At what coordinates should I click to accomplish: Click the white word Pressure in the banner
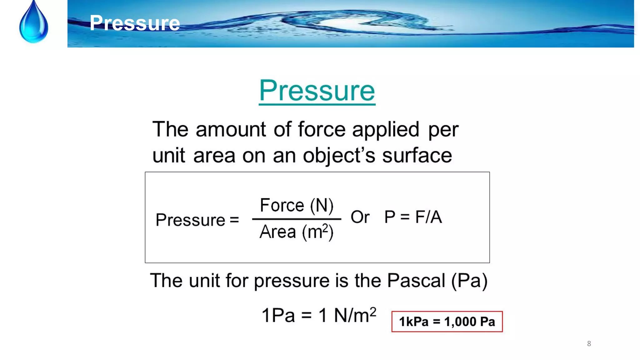[135, 23]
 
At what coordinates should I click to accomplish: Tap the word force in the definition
[322, 129]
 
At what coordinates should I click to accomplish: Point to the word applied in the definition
[386, 130]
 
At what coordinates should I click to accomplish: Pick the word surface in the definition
[417, 155]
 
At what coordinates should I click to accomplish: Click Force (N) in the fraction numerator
[297, 206]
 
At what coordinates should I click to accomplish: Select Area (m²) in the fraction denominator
[296, 232]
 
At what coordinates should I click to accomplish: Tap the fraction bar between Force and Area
[296, 219]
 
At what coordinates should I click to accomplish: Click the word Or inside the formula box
[360, 217]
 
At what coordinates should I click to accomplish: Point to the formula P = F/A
[413, 217]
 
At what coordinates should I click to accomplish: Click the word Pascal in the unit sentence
[416, 280]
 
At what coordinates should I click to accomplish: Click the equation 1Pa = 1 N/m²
[319, 315]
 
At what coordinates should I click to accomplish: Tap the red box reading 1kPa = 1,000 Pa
[447, 322]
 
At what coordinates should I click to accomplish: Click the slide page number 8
[589, 344]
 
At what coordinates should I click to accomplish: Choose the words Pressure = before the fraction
[197, 220]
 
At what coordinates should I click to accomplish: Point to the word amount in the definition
[231, 129]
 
